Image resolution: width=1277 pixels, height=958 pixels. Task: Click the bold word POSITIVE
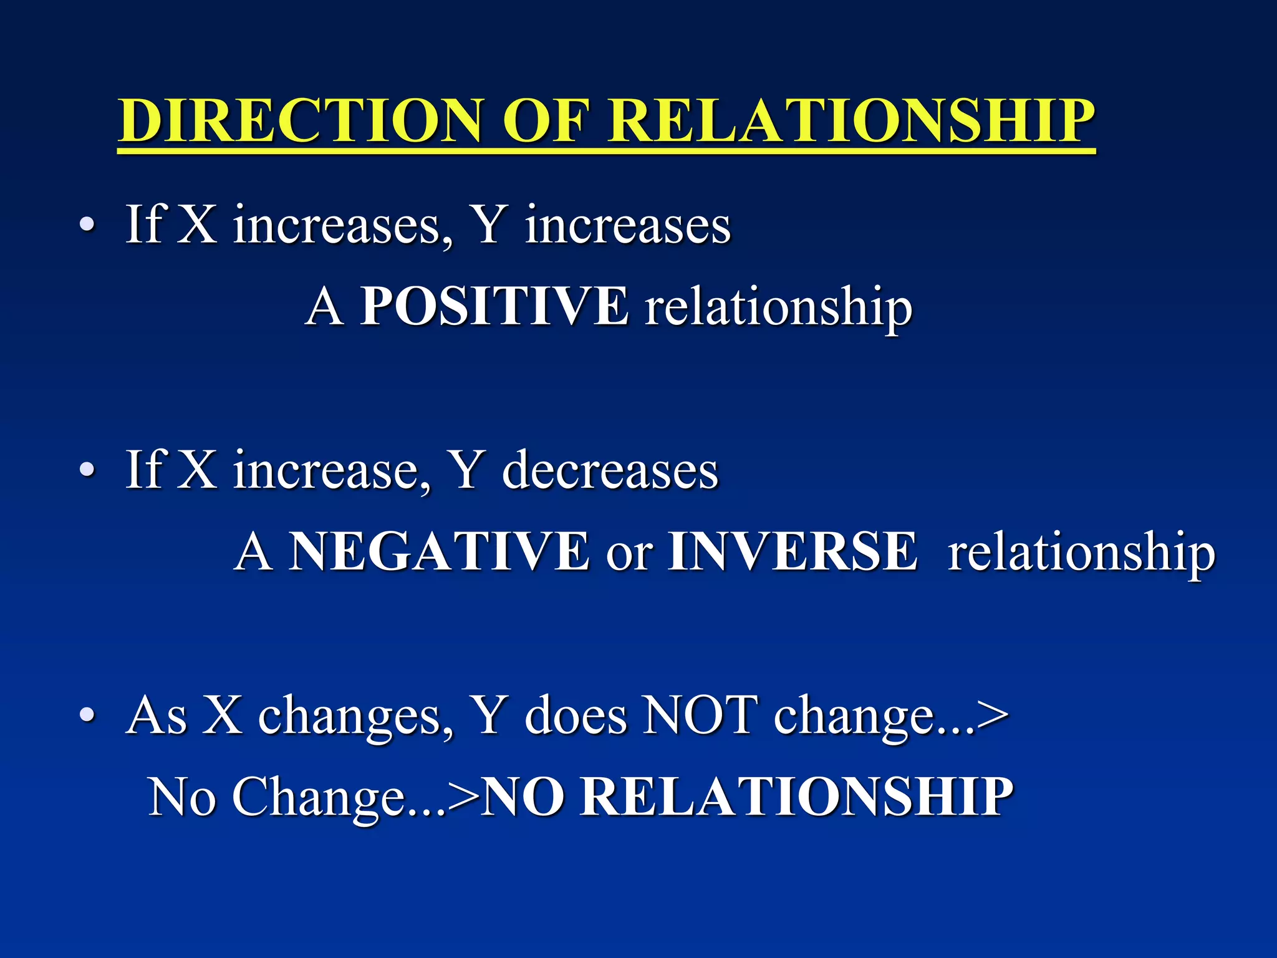tap(494, 306)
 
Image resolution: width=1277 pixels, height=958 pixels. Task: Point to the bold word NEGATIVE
tap(439, 551)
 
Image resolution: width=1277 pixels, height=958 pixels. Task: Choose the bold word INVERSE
tap(792, 551)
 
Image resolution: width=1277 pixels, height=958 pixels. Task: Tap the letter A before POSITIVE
tap(324, 306)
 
